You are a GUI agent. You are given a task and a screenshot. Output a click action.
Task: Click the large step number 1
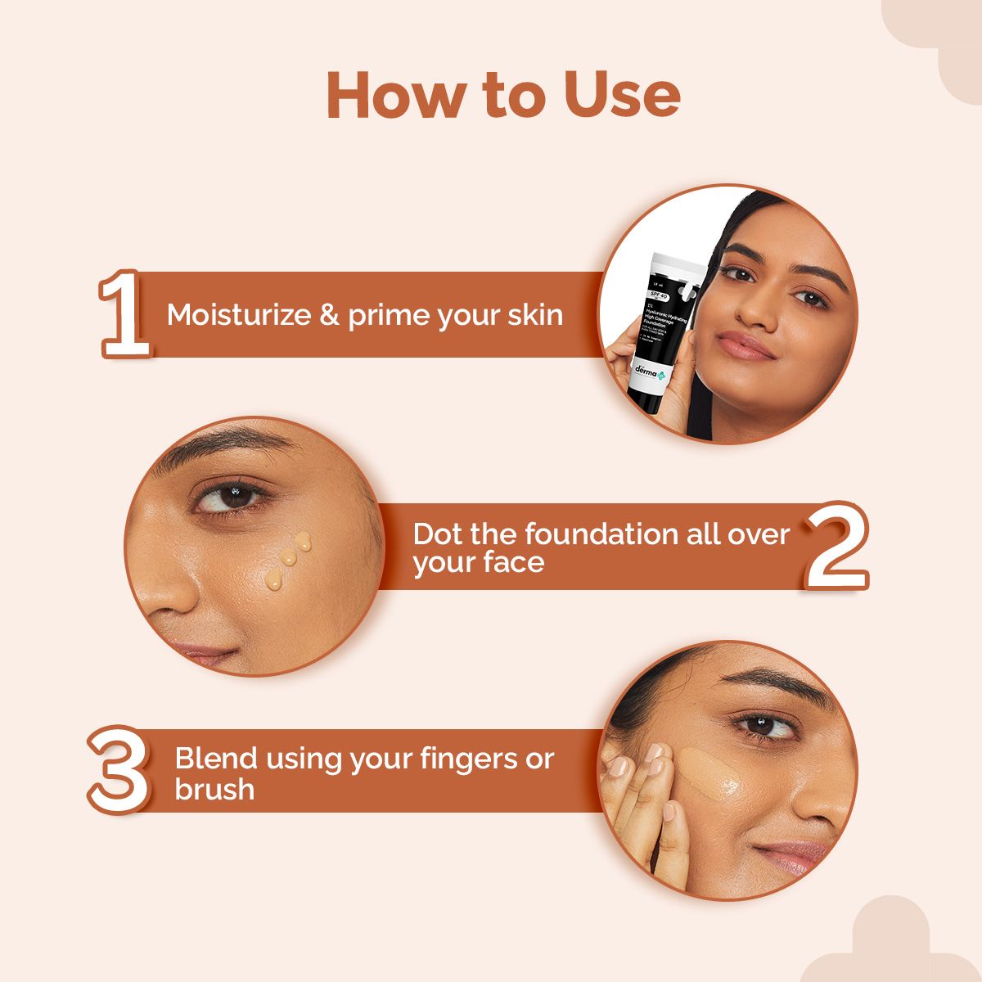(x=124, y=316)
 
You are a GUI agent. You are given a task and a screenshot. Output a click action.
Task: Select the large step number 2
(x=836, y=546)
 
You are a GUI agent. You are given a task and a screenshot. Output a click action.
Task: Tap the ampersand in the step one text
(x=329, y=315)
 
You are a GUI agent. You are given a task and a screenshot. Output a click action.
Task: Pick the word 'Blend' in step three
(x=216, y=758)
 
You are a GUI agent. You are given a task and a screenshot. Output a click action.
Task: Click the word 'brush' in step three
(x=214, y=789)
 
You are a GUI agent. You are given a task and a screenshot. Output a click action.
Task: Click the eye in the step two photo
(x=232, y=496)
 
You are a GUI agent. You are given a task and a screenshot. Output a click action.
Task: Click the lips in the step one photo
(x=746, y=345)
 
